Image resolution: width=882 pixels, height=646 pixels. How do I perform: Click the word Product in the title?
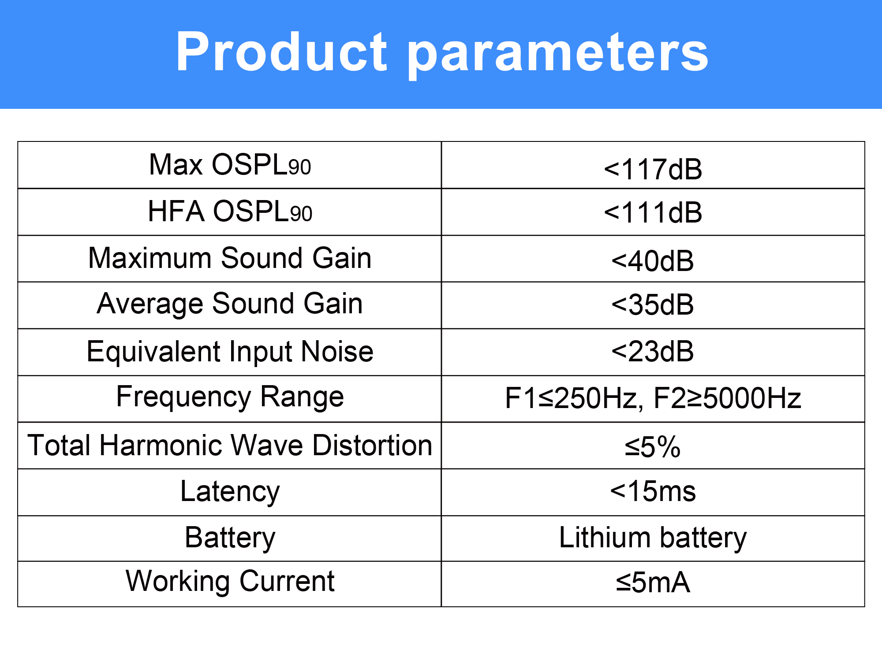(281, 52)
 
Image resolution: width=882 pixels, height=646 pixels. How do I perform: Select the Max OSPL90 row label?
(230, 165)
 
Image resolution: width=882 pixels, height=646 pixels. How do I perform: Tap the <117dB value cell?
(653, 169)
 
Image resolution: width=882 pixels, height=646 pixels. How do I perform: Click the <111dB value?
(653, 212)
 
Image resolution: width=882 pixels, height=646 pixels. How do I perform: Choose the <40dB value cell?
(653, 260)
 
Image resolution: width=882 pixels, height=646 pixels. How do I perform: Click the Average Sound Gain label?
(230, 304)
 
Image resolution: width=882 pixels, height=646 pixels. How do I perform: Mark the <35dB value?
(653, 304)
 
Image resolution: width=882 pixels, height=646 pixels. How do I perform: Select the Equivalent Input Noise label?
(230, 352)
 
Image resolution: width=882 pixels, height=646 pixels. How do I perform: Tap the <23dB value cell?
(653, 351)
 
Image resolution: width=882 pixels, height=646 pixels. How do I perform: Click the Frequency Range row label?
(230, 397)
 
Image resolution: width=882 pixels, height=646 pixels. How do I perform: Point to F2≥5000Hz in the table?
(727, 398)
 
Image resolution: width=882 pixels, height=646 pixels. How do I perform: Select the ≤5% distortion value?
(653, 447)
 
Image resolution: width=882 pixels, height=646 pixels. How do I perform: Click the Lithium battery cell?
(653, 538)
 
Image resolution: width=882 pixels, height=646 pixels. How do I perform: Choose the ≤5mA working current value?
(653, 583)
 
